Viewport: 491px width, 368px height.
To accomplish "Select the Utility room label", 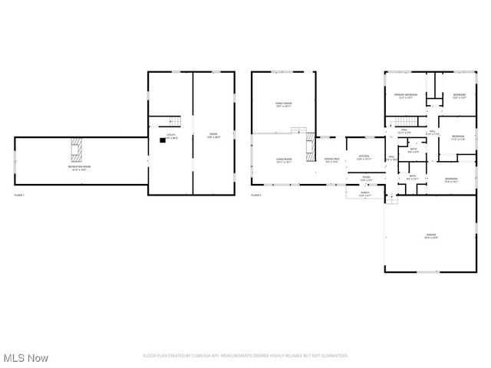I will coord(172,137).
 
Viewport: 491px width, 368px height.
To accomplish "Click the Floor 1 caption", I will coord(19,195).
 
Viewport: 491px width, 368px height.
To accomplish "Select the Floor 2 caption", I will coord(255,195).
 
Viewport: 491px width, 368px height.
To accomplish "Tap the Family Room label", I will coord(284,105).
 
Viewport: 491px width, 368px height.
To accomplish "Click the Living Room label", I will coord(285,159).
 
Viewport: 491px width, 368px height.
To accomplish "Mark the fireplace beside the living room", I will coord(310,145).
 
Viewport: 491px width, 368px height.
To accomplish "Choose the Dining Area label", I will coord(332,160).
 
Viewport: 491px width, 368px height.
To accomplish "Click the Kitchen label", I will coord(364,158).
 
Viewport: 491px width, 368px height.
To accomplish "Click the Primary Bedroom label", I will coord(405,96).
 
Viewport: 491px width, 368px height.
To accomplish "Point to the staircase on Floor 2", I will coord(405,122).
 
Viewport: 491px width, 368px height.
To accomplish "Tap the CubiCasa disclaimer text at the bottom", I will coord(245,356).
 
